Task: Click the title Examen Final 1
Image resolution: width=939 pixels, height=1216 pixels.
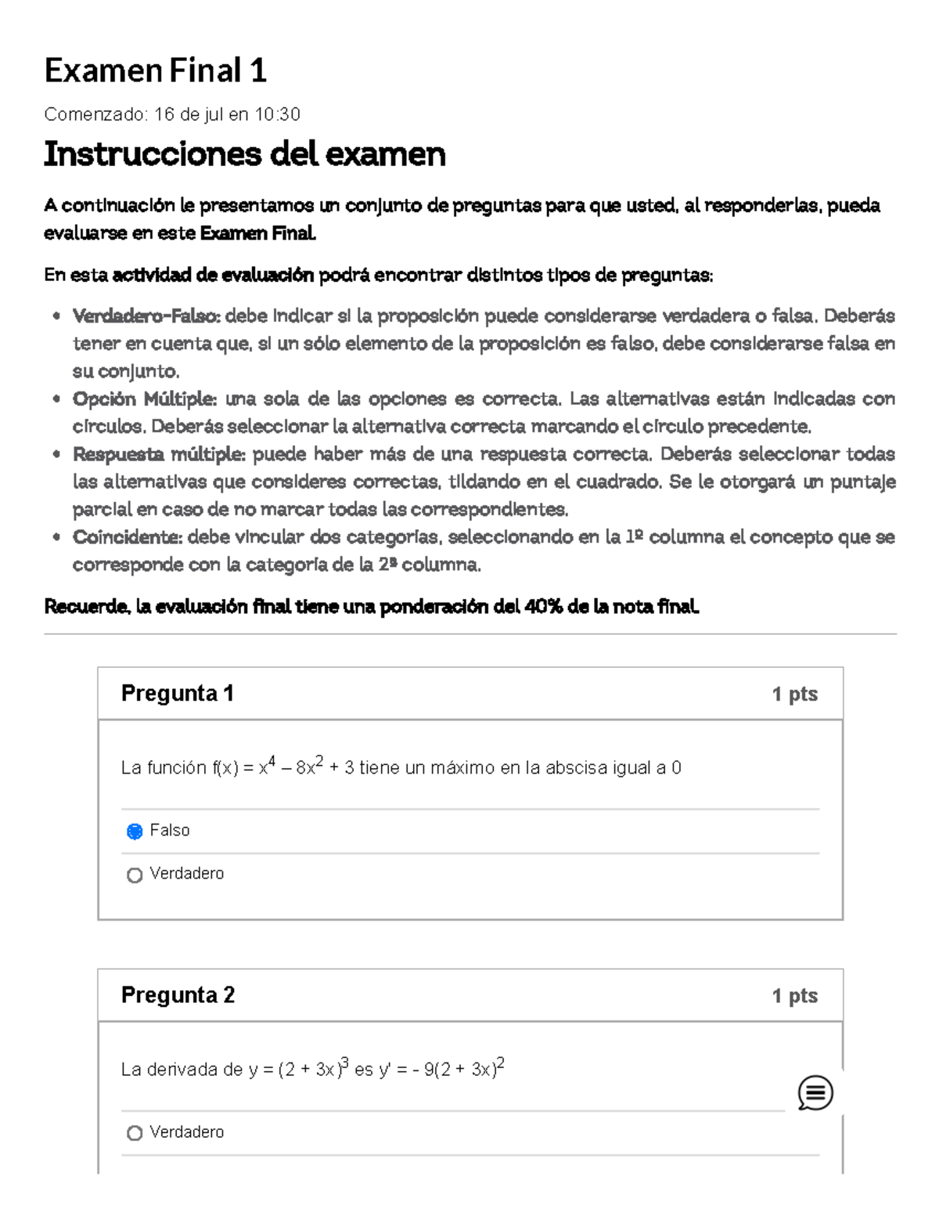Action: (155, 71)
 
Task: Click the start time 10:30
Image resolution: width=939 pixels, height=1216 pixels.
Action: (277, 115)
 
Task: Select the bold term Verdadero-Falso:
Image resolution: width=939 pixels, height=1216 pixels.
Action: (146, 316)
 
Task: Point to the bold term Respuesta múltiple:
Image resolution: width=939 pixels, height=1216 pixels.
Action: (159, 455)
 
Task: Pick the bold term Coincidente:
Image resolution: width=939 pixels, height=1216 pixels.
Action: (128, 537)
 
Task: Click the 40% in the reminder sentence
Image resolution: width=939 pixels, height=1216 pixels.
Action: (543, 607)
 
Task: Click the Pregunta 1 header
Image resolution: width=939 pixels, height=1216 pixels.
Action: (177, 694)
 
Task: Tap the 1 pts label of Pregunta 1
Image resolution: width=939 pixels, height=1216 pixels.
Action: (794, 695)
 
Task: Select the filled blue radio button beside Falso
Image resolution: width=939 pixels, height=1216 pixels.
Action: (135, 832)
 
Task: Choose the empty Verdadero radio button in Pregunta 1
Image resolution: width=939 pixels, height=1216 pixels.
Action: (135, 875)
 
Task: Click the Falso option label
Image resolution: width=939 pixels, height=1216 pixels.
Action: (170, 831)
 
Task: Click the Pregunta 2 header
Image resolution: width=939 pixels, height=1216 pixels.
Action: (178, 995)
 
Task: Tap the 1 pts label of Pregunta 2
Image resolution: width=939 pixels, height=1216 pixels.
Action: (794, 996)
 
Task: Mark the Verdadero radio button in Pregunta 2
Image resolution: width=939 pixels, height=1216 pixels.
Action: (135, 1133)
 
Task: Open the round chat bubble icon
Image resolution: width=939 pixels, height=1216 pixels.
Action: (815, 1093)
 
